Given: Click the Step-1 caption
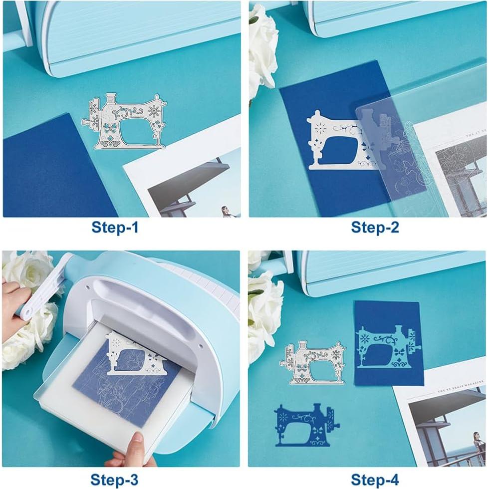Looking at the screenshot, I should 115,228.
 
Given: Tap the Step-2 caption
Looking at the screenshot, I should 375,228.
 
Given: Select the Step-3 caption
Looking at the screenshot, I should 114,480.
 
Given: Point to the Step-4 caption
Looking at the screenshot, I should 375,480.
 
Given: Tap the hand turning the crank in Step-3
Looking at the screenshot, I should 15,309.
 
